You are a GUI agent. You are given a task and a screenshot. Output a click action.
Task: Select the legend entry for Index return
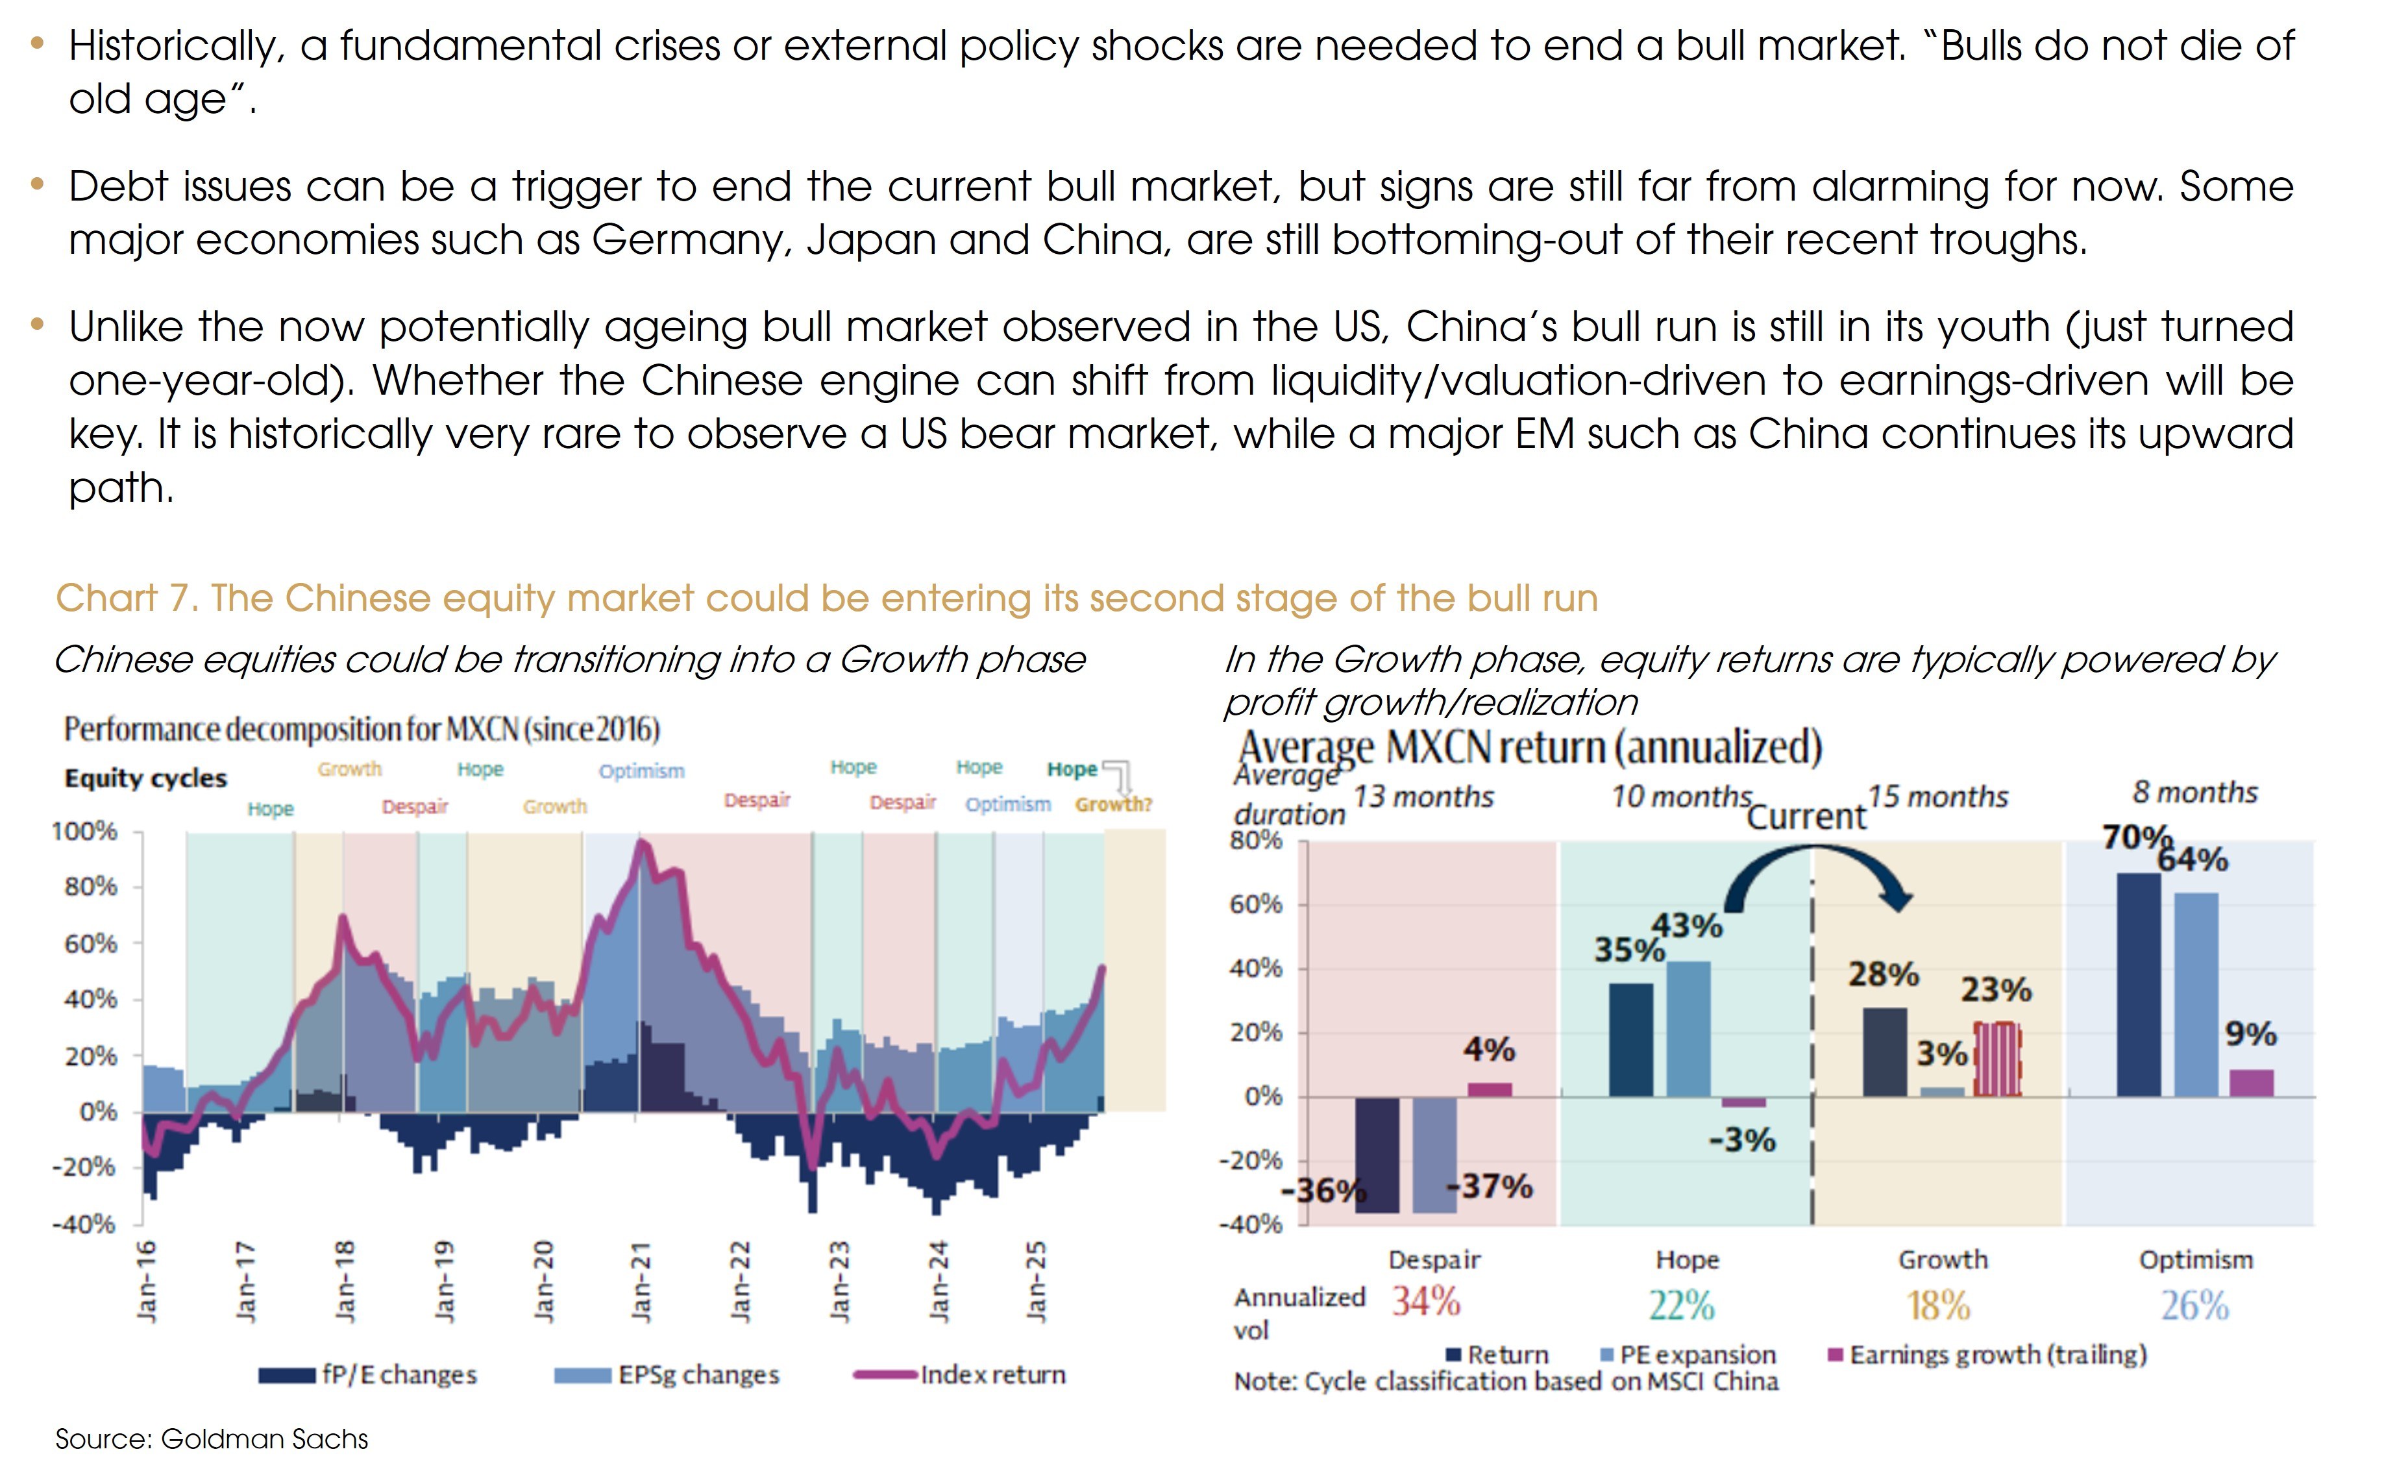991,1374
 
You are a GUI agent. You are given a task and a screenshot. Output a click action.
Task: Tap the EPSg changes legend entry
698,1374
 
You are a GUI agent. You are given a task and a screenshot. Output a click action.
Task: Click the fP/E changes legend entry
399,1374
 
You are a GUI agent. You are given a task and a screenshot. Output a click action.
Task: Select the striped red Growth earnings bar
1996,1059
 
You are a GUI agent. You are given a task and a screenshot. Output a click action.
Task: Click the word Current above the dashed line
1805,816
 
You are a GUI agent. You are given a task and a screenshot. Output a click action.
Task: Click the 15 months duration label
1938,797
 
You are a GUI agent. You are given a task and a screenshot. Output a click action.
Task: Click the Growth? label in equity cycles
1113,804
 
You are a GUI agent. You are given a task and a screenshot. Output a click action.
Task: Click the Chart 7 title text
826,597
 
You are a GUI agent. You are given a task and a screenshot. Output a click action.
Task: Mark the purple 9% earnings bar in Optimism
2251,1082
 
